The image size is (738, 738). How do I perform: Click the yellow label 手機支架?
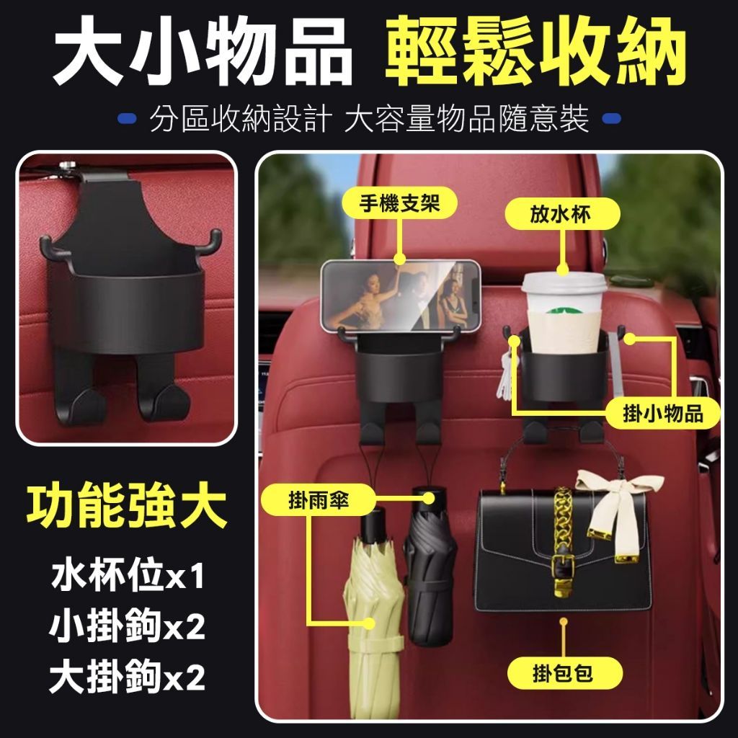(399, 203)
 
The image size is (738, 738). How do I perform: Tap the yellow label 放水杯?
(562, 214)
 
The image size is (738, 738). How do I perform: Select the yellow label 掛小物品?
(663, 414)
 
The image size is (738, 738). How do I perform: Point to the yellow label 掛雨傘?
(319, 500)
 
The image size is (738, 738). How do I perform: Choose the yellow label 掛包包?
(565, 673)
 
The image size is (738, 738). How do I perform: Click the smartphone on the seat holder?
(401, 295)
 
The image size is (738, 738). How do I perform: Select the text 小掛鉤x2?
(127, 626)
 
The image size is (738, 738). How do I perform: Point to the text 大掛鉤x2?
(127, 677)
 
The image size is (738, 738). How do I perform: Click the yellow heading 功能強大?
(127, 507)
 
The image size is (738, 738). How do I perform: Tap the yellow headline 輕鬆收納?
(535, 51)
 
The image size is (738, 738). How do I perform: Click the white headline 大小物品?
(203, 51)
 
